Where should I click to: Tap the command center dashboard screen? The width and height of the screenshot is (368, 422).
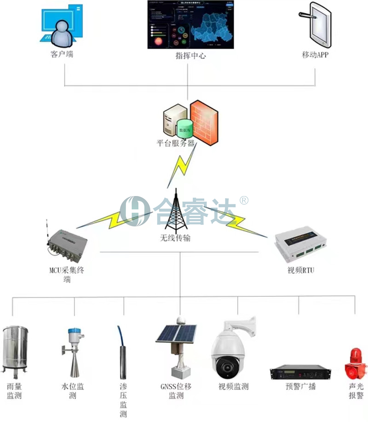(190, 24)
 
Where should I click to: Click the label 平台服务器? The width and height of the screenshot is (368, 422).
(176, 143)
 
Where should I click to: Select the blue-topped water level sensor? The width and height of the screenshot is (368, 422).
(74, 350)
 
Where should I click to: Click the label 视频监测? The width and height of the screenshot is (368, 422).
(233, 387)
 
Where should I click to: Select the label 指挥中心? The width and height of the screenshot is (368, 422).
(190, 56)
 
